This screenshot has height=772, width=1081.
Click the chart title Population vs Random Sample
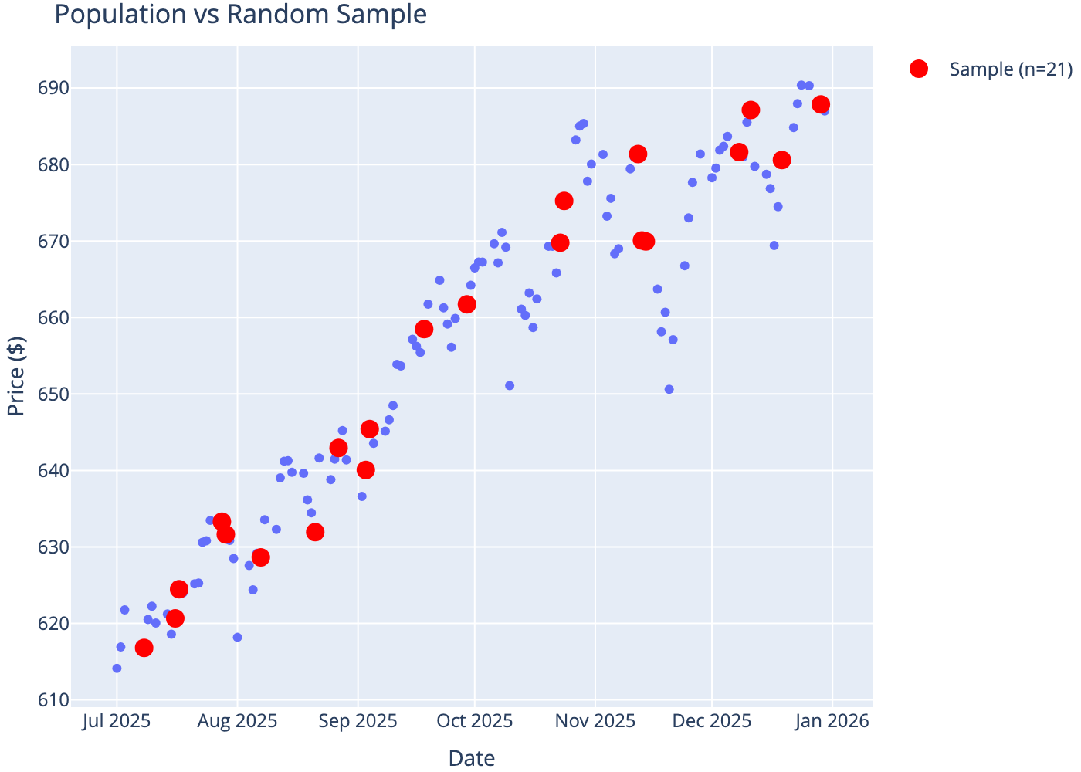[x=240, y=14]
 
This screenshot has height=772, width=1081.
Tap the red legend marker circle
[x=919, y=69]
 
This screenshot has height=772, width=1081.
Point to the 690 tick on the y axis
[x=48, y=88]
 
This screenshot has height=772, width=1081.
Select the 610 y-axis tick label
[x=48, y=700]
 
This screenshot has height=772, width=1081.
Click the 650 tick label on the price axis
[x=48, y=394]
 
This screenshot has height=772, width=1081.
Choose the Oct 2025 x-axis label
[x=475, y=721]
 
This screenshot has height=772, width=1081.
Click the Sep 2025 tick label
[x=358, y=721]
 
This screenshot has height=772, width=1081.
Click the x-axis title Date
[x=472, y=758]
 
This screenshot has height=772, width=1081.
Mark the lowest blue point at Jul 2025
[x=117, y=669]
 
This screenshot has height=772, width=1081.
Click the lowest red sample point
[x=144, y=648]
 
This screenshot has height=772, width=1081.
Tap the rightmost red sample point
[x=821, y=104]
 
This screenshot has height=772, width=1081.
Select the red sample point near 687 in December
[x=751, y=110]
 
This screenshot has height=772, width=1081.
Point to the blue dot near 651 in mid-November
[x=669, y=389]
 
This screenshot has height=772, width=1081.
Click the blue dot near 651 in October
[x=510, y=386]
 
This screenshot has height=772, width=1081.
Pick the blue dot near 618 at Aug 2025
[x=237, y=638]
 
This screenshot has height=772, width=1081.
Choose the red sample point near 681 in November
[x=638, y=154]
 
